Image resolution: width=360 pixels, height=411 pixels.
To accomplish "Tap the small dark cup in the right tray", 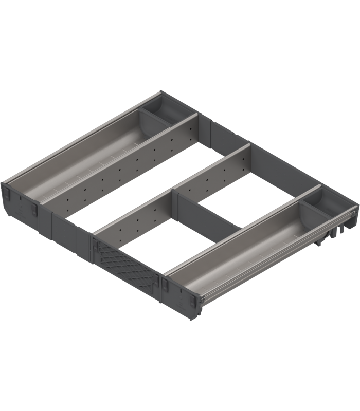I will (320, 201).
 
